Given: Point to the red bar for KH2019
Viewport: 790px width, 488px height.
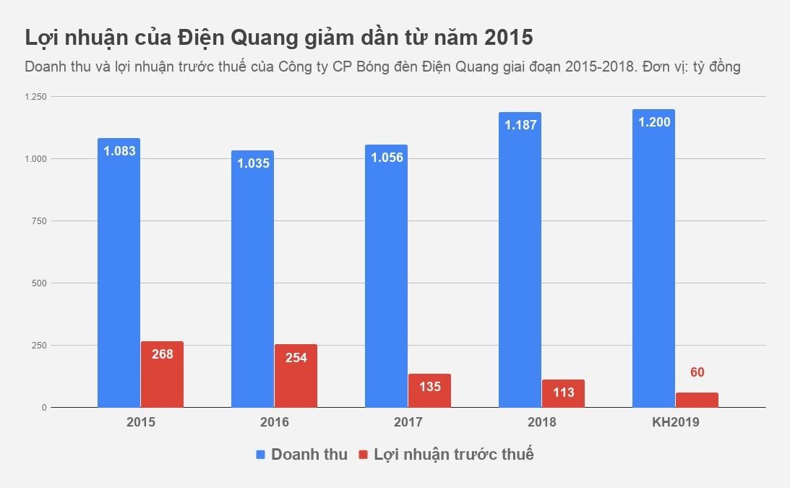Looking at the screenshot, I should (697, 400).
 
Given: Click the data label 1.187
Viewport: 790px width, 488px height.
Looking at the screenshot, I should (520, 125).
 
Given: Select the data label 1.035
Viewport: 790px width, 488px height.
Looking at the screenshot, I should (252, 163).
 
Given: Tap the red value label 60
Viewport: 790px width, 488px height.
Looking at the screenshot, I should (697, 373).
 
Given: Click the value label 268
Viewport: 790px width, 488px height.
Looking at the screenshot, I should (162, 354).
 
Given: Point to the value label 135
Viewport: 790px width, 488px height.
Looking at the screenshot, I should (429, 387).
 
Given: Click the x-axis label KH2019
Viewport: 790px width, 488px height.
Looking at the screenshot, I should (675, 422).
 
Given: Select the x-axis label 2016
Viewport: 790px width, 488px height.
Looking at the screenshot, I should (274, 422).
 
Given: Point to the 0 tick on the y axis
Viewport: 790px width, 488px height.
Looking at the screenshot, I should (44, 408).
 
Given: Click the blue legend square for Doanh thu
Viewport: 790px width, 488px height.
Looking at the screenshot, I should (261, 455).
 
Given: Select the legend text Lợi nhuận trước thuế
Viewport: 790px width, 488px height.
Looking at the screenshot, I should (453, 455).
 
